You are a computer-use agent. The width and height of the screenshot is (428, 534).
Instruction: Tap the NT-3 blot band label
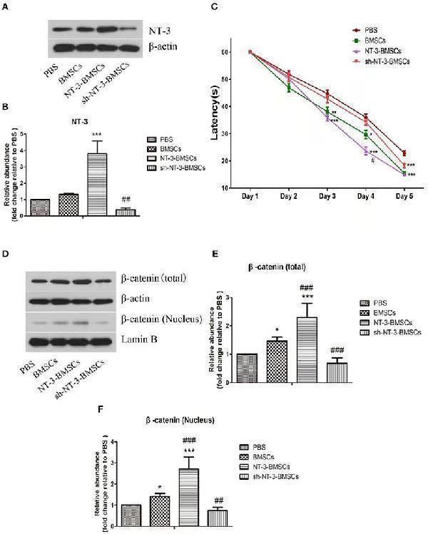(x=158, y=30)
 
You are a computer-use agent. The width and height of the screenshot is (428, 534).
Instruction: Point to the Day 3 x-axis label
(x=329, y=195)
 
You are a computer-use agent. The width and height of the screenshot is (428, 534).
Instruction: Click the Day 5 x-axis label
(x=404, y=195)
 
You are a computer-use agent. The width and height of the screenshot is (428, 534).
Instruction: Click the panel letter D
(x=6, y=253)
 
